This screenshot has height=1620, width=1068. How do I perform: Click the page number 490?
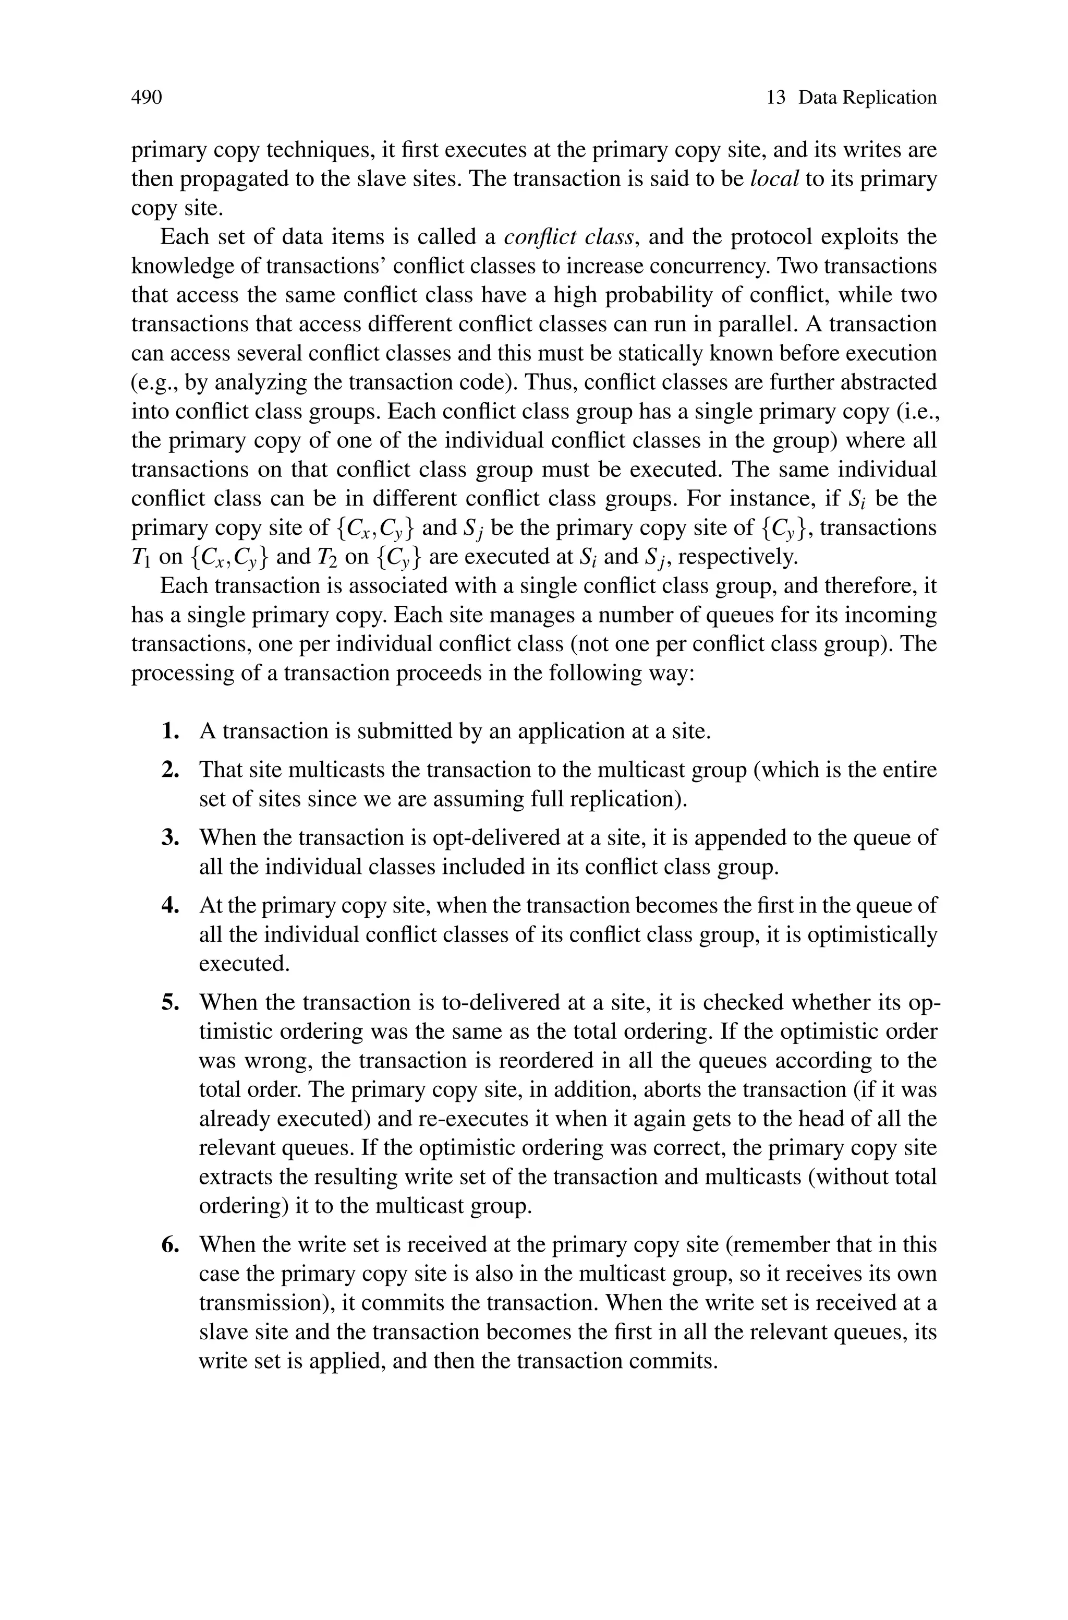(x=147, y=98)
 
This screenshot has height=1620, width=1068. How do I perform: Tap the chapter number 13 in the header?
(x=776, y=98)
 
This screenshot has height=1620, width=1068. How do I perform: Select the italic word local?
(x=774, y=179)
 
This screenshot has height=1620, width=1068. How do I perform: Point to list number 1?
(x=171, y=731)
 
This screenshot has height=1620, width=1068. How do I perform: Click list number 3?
(x=171, y=838)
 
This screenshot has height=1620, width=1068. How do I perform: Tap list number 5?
(x=171, y=1003)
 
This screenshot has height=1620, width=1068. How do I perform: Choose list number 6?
(x=171, y=1245)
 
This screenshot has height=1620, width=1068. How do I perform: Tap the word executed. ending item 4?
(x=244, y=964)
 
